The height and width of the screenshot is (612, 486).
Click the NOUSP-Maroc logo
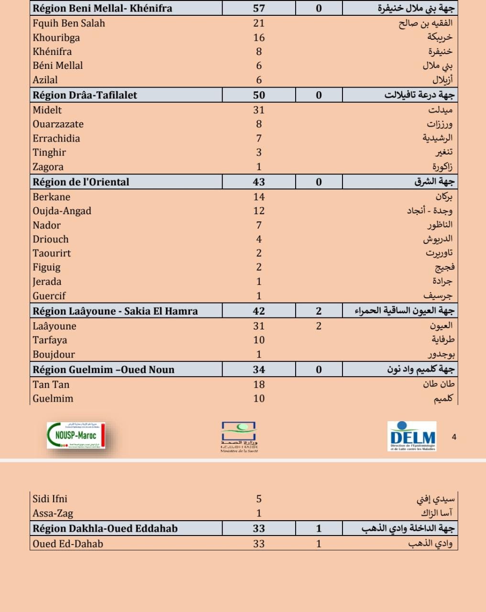tap(76, 435)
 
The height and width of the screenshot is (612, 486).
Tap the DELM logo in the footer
tap(412, 436)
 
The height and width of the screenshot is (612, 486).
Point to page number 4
tap(454, 437)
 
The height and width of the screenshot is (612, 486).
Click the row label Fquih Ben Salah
tap(69, 23)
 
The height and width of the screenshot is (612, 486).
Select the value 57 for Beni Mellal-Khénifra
tap(259, 8)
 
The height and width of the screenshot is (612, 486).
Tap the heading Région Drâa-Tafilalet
tap(85, 95)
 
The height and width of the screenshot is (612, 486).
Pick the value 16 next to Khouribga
tap(259, 37)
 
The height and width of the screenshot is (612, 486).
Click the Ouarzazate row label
tap(58, 124)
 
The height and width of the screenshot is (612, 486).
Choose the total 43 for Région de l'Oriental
tap(259, 182)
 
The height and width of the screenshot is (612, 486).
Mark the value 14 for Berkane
tap(259, 197)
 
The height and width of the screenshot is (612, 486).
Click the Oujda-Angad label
tap(62, 211)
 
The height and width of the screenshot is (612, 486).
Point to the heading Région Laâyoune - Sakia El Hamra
tap(115, 311)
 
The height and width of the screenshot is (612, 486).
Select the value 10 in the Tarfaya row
tap(259, 340)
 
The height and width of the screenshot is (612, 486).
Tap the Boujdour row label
tap(54, 354)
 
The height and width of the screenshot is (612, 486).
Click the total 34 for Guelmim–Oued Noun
tap(259, 370)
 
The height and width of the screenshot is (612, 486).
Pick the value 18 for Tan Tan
tap(259, 384)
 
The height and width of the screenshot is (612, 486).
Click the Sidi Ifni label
tap(50, 499)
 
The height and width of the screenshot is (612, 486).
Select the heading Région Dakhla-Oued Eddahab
tap(105, 528)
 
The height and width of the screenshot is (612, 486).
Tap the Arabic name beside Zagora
tap(442, 167)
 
